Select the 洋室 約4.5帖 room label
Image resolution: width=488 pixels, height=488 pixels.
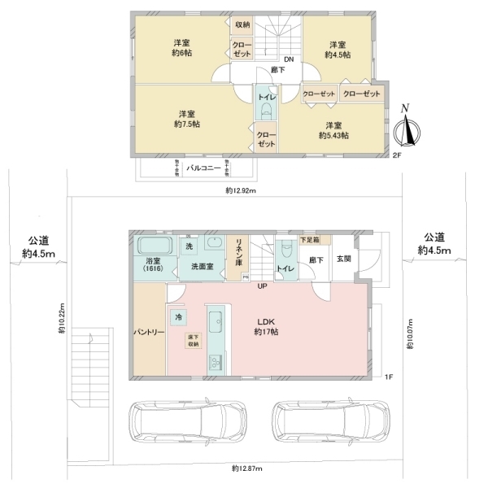[x=338, y=50]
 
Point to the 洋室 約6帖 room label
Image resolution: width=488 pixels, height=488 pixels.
[x=181, y=48]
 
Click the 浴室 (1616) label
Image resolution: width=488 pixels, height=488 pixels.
[x=154, y=264]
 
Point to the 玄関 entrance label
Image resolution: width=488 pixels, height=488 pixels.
[x=342, y=260]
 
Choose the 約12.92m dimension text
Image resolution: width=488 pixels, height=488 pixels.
[x=241, y=191]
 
